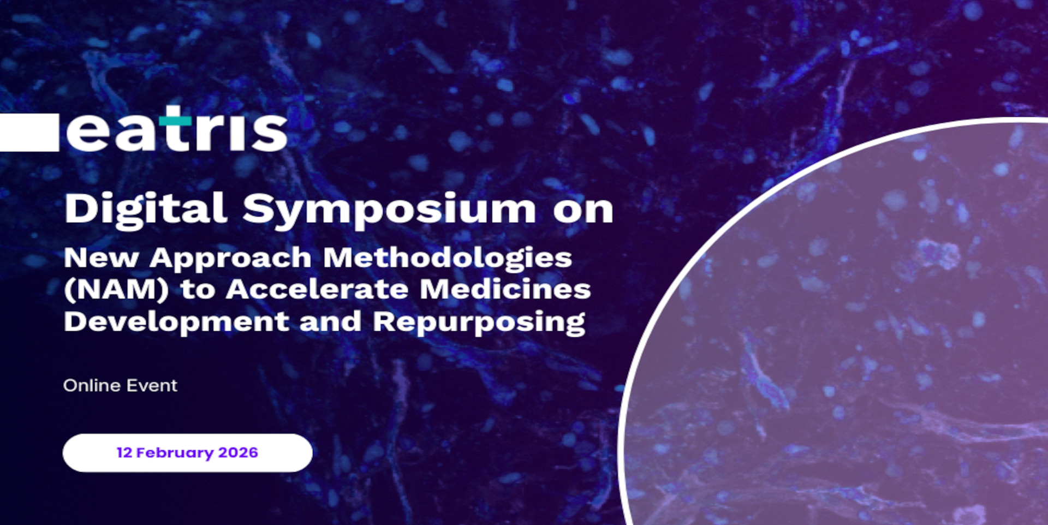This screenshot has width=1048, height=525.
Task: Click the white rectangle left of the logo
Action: coord(29,132)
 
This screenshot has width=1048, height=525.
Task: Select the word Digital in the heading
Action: coord(146,209)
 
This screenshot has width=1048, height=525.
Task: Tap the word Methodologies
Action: coord(448,258)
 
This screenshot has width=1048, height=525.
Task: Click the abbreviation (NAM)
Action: coord(116,289)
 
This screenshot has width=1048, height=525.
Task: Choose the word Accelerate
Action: coord(317,289)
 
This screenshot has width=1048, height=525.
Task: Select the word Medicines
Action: coord(505,289)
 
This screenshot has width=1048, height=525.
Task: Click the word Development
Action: coord(176,322)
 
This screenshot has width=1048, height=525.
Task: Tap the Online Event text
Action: coord(120,385)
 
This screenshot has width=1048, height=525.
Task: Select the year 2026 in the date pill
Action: coord(238,452)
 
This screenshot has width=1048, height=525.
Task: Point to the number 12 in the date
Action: coord(124,452)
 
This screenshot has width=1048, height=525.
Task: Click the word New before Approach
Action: coord(101,258)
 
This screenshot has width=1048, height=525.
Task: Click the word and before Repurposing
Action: coord(330,321)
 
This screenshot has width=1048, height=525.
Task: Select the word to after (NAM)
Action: coord(198,290)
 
